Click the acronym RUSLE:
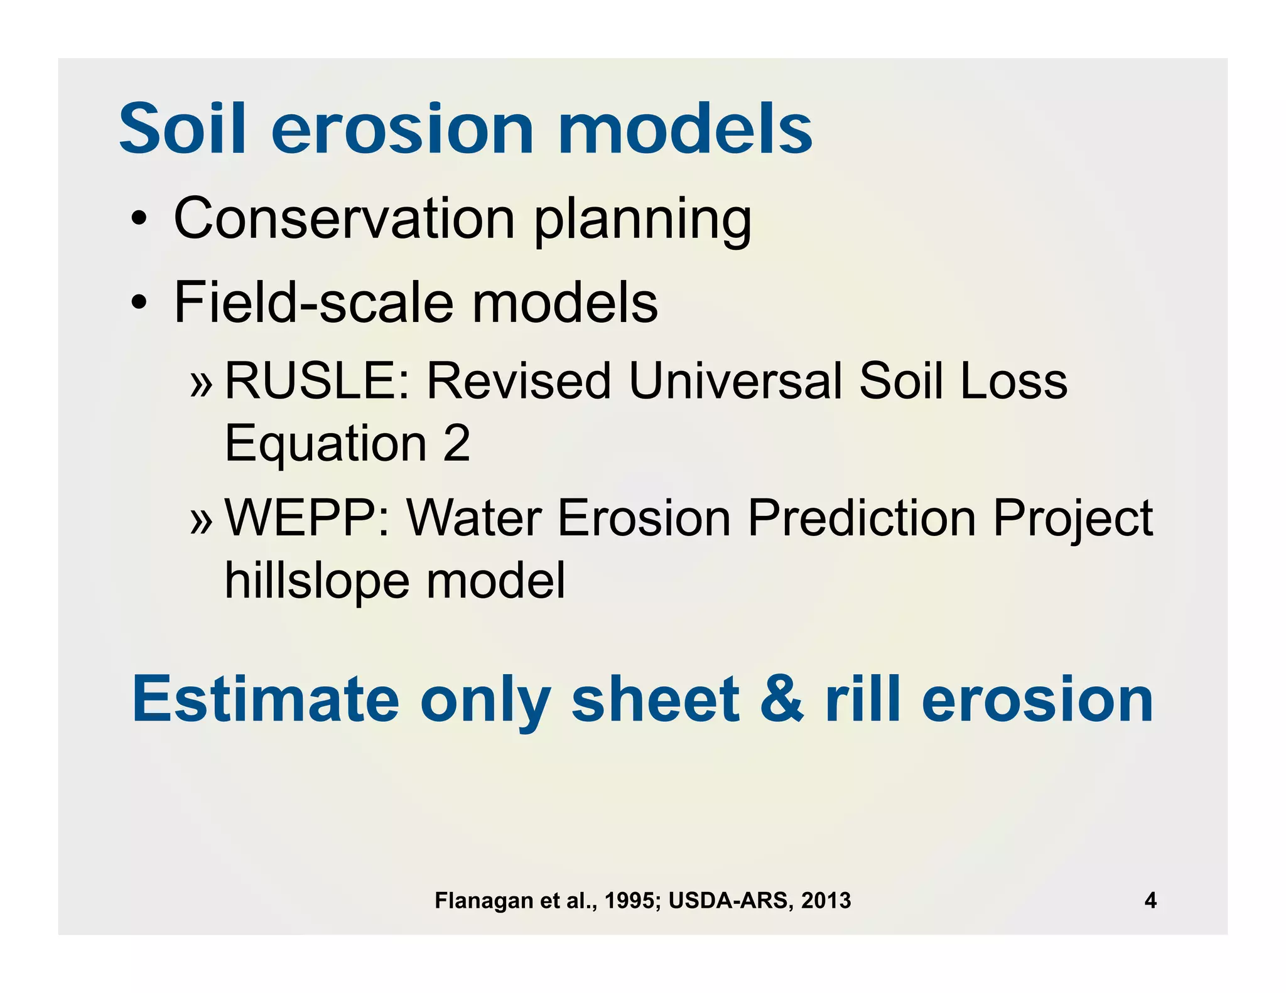317,381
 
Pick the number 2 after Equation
456,443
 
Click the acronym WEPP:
307,518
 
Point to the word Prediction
861,518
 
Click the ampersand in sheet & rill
781,699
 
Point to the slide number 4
1150,901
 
